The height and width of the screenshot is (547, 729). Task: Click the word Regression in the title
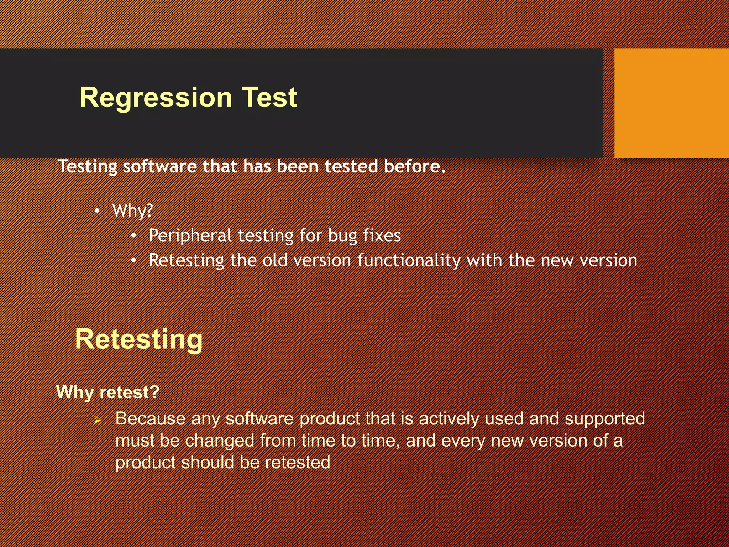click(156, 98)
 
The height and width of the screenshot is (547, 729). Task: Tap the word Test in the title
click(269, 98)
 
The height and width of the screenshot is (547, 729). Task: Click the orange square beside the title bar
click(671, 103)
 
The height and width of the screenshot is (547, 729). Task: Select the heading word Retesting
click(139, 339)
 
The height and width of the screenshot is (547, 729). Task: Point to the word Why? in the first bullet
click(132, 211)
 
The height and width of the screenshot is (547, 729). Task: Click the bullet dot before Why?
click(97, 211)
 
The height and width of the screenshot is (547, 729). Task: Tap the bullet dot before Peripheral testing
click(133, 236)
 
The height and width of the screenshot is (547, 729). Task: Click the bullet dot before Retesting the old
click(133, 261)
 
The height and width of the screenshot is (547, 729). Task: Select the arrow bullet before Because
click(97, 421)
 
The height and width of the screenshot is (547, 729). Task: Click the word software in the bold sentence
click(159, 166)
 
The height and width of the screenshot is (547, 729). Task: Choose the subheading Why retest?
click(108, 392)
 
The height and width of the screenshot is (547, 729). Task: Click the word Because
click(150, 418)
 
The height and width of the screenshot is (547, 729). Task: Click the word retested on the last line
click(298, 463)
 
